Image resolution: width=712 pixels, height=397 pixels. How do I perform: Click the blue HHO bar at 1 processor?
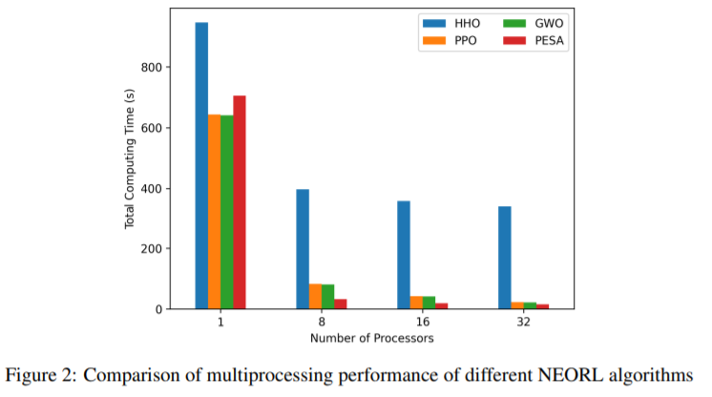point(201,166)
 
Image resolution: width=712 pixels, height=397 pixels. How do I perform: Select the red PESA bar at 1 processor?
point(240,202)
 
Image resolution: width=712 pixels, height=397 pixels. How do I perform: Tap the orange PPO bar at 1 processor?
point(215,212)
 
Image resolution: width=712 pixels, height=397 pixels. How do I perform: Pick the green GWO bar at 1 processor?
point(227,212)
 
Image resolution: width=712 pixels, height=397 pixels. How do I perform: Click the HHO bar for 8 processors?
point(303,249)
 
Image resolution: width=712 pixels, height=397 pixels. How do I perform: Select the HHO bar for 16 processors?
point(404,255)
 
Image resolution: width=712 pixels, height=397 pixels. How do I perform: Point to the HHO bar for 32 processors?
point(505,258)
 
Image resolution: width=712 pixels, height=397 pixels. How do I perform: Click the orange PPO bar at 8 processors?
point(315,296)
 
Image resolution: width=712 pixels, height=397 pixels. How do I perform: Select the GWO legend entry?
point(534,23)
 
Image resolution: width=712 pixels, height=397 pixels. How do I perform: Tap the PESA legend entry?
point(534,40)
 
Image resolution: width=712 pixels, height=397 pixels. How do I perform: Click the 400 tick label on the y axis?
point(152,189)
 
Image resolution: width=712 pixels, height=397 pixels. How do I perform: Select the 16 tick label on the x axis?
point(422,322)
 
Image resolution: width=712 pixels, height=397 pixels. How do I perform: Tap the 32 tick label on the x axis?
point(524,322)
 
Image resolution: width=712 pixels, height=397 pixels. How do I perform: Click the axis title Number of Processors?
point(372,339)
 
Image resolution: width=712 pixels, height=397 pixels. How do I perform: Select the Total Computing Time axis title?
point(130,158)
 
